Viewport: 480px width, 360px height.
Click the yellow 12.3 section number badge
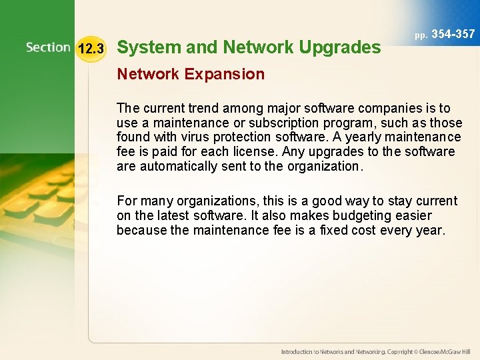coord(91,49)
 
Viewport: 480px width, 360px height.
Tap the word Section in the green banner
coord(48,47)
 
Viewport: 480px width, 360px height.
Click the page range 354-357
coord(453,34)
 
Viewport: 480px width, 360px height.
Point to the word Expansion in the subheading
coord(225,74)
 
